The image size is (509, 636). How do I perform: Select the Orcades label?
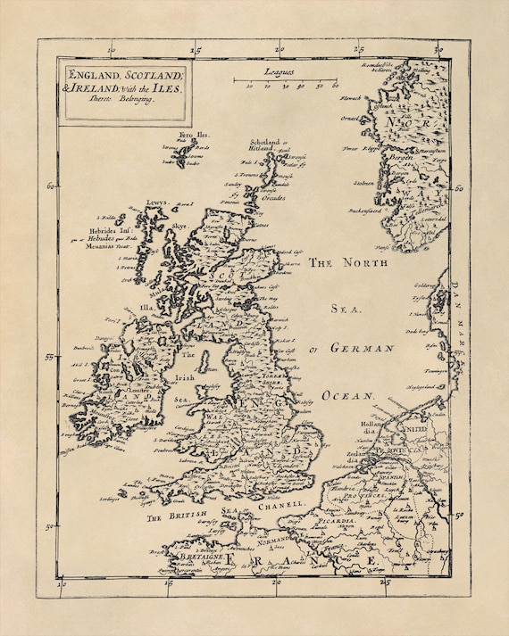(273, 197)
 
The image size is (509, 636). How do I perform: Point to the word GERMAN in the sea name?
(363, 348)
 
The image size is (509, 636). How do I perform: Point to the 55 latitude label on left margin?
(52, 357)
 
